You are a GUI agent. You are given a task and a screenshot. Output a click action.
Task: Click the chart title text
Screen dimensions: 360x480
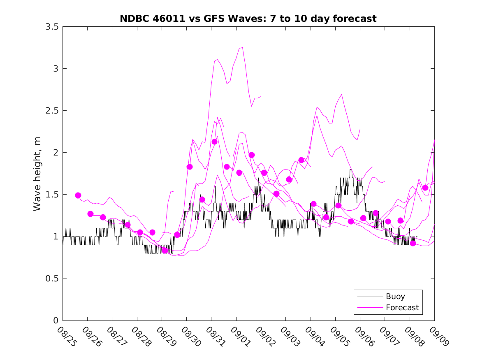248,19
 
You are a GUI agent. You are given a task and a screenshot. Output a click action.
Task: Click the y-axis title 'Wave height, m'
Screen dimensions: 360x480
37,173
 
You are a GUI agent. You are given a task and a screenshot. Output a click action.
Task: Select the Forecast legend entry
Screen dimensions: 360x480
402,307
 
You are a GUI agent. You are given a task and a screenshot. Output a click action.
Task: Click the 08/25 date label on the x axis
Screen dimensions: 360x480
65,337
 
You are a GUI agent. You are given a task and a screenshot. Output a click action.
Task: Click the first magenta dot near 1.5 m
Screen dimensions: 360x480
78,195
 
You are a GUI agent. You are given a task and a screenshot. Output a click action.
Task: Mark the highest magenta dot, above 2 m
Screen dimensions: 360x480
214,142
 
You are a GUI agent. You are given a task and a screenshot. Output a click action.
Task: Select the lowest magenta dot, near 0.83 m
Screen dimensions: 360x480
165,251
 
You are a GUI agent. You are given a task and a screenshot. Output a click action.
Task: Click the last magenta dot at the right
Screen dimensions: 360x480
425,188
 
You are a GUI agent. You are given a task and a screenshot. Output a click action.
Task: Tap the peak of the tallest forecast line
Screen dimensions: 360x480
242,47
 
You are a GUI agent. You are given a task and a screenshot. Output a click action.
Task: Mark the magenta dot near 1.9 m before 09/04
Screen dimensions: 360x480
301,160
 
